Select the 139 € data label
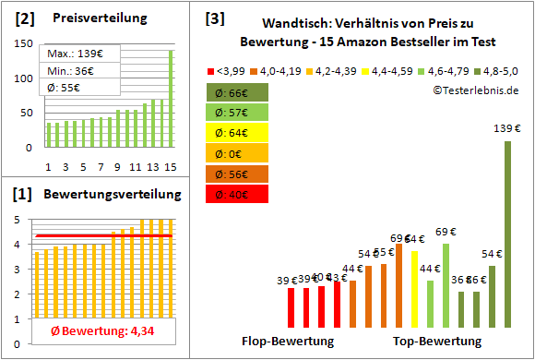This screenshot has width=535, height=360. [507, 128]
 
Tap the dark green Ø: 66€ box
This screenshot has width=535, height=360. [238, 92]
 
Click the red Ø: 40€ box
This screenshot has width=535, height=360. [238, 194]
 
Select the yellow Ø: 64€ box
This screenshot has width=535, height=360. [238, 133]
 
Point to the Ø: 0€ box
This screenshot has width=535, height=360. [238, 153]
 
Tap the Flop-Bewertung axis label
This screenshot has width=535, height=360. [288, 341]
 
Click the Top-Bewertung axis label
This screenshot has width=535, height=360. [437, 341]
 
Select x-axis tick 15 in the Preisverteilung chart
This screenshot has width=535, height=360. [170, 166]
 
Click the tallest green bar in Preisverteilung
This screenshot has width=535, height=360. [171, 98]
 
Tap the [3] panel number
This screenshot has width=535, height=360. [215, 18]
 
